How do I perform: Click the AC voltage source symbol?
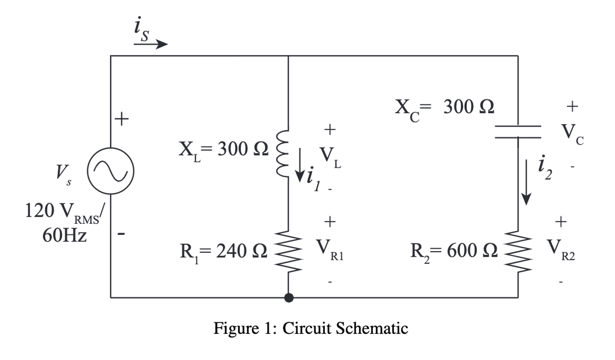(110, 171)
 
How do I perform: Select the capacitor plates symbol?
(518, 132)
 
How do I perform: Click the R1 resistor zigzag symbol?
(289, 251)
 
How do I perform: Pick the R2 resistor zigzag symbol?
(518, 251)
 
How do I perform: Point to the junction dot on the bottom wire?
(289, 298)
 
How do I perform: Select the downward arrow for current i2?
(527, 182)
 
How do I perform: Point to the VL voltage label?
(330, 156)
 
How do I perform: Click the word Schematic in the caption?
(371, 328)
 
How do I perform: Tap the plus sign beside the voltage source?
(121, 119)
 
